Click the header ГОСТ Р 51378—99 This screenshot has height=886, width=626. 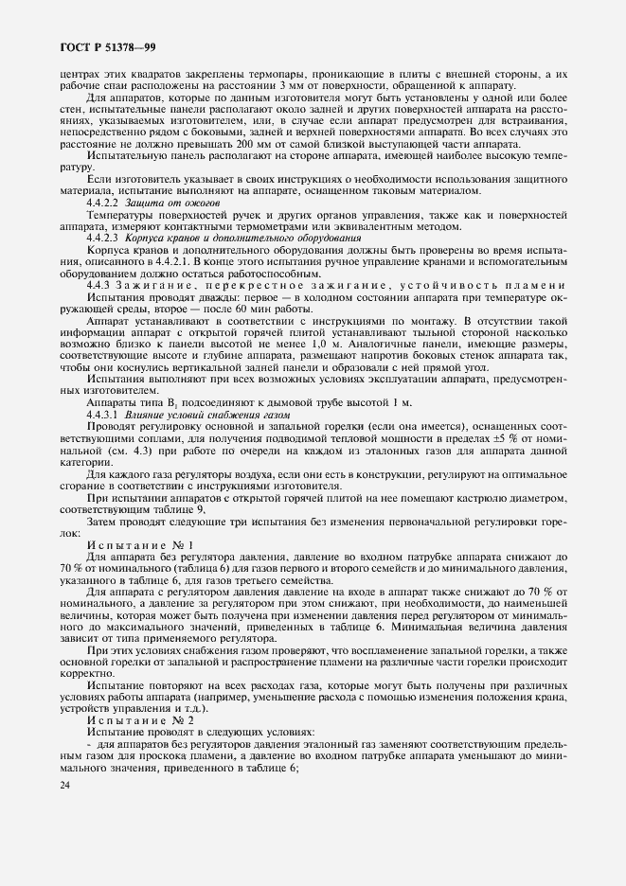point(92,46)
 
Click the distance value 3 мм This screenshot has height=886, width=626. point(286,84)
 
